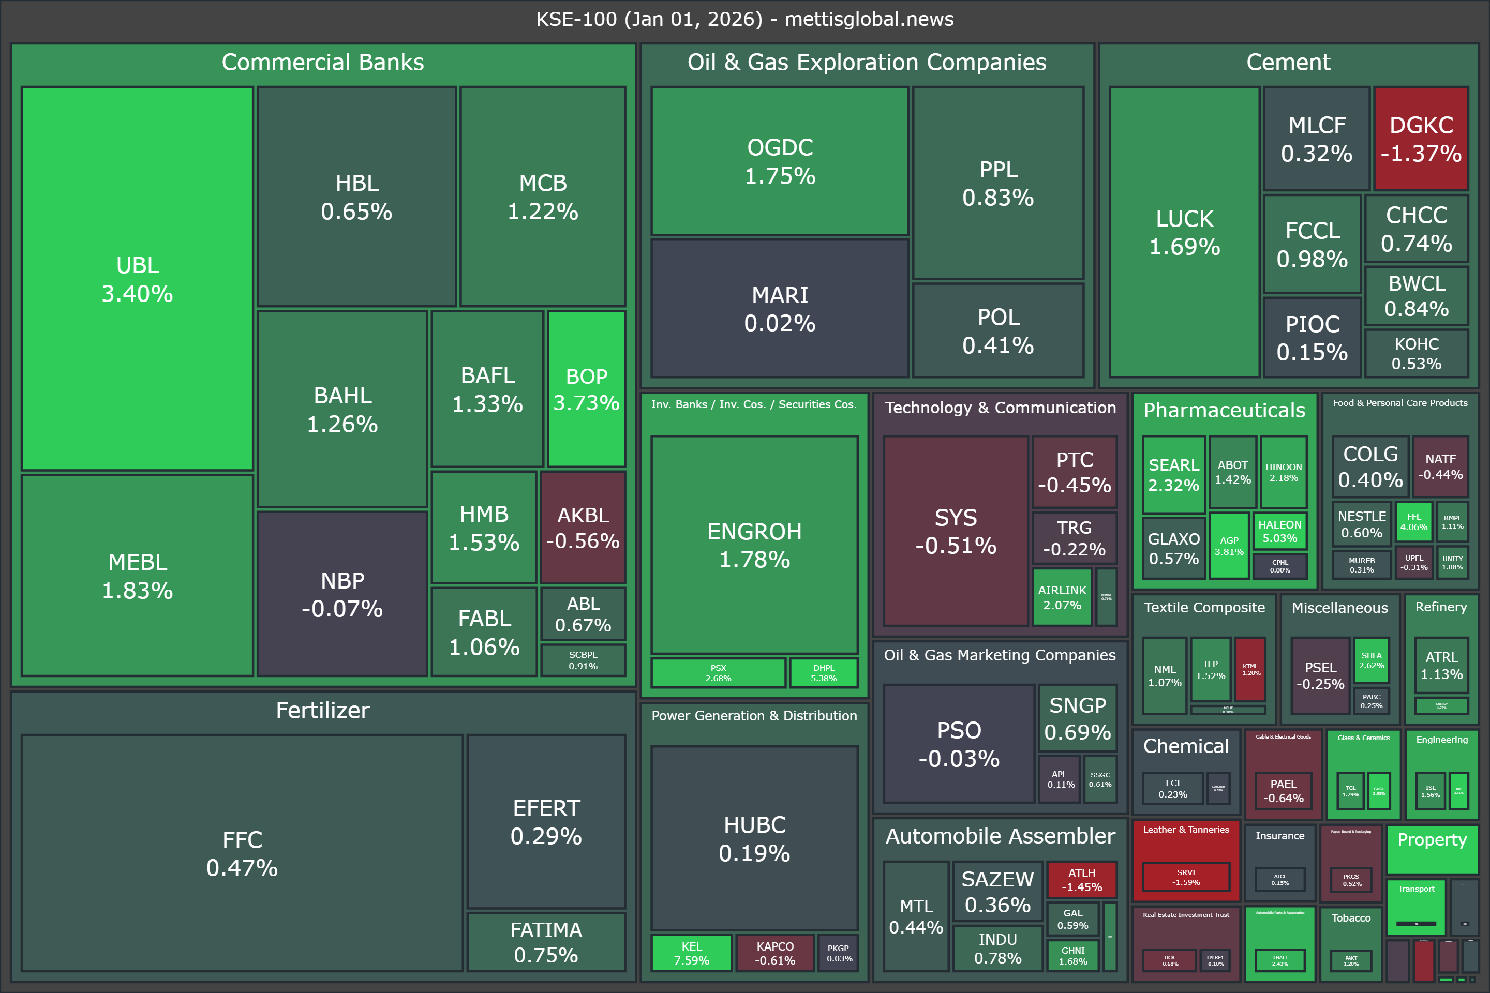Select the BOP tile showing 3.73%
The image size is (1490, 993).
click(x=586, y=389)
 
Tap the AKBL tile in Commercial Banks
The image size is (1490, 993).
click(x=583, y=527)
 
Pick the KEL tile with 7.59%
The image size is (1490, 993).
click(x=691, y=953)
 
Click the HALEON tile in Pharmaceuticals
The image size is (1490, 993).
click(x=1279, y=531)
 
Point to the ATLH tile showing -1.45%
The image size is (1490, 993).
click(x=1081, y=880)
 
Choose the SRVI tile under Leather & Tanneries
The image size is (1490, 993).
click(x=1186, y=877)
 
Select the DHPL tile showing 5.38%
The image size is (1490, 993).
click(x=824, y=672)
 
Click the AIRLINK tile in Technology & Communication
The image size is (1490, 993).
click(x=1062, y=596)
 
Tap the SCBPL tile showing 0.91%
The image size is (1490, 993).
click(x=583, y=660)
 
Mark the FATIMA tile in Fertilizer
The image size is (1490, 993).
click(x=546, y=942)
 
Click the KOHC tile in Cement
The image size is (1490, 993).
click(x=1417, y=353)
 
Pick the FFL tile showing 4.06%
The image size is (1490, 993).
click(x=1413, y=521)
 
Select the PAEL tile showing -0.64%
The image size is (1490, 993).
click(x=1283, y=790)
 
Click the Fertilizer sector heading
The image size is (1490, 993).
click(x=322, y=710)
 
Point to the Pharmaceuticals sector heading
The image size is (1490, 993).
click(x=1224, y=410)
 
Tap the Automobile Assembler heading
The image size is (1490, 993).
click(x=1000, y=836)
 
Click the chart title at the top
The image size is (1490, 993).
click(x=744, y=19)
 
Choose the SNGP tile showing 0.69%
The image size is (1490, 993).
click(x=1077, y=718)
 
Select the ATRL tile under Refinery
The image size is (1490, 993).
click(x=1441, y=665)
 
